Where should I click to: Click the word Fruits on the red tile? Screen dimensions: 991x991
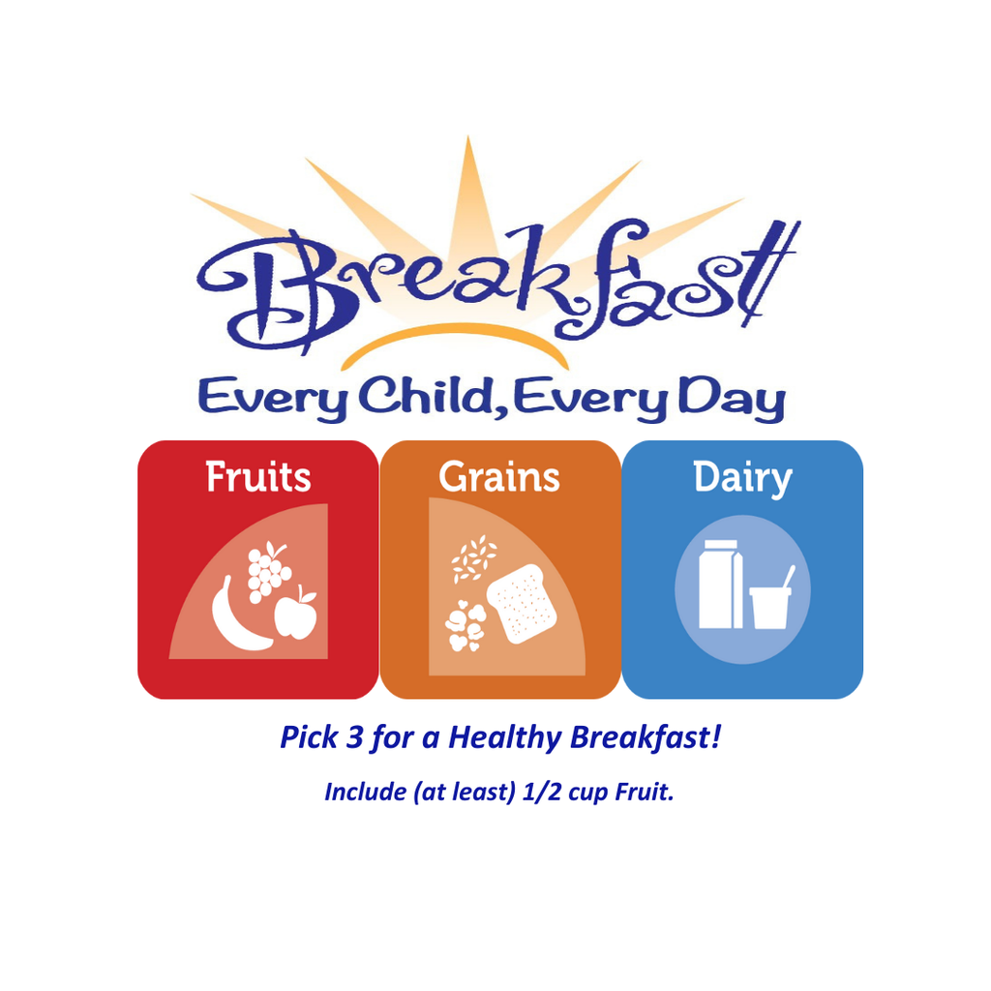point(258,478)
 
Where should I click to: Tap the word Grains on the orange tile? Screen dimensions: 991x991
point(499,478)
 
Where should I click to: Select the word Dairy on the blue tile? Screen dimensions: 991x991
point(742,478)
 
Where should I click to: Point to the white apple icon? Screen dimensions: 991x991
point(295,615)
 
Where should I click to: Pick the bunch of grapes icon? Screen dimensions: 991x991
point(268,570)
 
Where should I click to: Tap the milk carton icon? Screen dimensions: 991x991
point(721,585)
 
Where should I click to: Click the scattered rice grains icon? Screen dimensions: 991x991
point(474,560)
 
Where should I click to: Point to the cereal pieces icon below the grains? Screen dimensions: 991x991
point(465,626)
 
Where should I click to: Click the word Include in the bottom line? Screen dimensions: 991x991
point(364,792)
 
